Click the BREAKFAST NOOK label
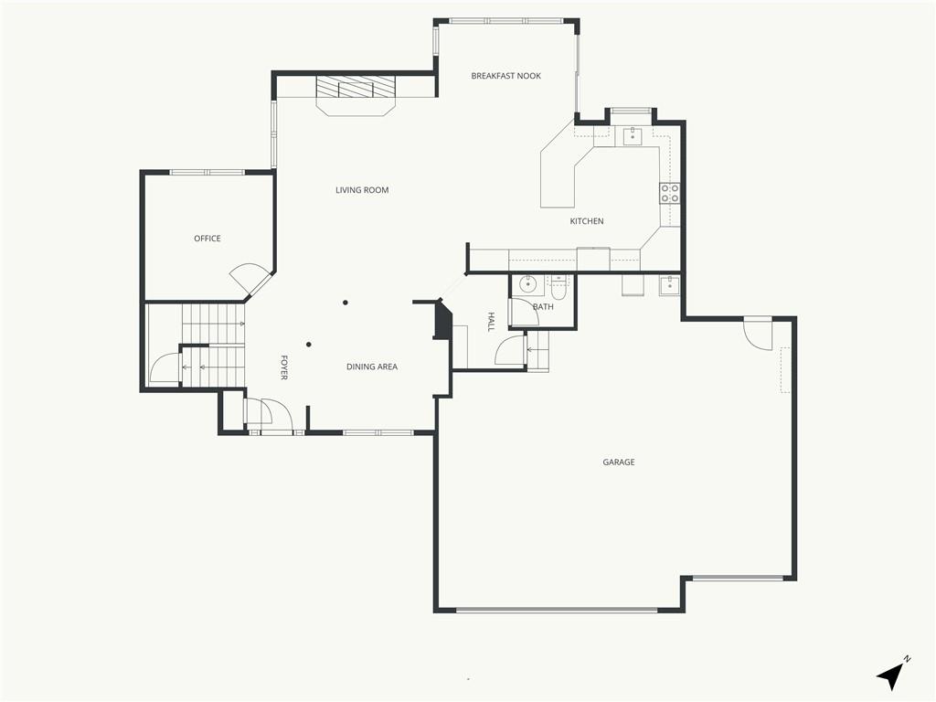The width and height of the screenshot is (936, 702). [505, 76]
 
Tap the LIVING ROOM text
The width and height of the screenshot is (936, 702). [362, 190]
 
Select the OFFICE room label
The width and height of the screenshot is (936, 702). [207, 239]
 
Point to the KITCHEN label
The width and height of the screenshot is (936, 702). [587, 221]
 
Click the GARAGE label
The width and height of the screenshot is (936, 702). [619, 462]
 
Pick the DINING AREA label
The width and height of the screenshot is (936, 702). [372, 367]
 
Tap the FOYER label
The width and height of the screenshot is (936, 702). [284, 367]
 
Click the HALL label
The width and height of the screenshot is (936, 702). [491, 322]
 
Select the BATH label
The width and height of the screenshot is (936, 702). [543, 307]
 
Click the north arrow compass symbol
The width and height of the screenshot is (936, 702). [892, 675]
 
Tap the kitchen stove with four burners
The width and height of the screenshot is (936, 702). [669, 194]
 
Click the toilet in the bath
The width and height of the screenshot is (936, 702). [559, 288]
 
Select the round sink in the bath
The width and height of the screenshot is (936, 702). [527, 284]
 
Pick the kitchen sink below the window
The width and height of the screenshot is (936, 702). [633, 136]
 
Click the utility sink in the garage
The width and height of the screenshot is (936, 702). [668, 285]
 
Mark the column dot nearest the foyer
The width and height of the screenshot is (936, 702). [309, 345]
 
